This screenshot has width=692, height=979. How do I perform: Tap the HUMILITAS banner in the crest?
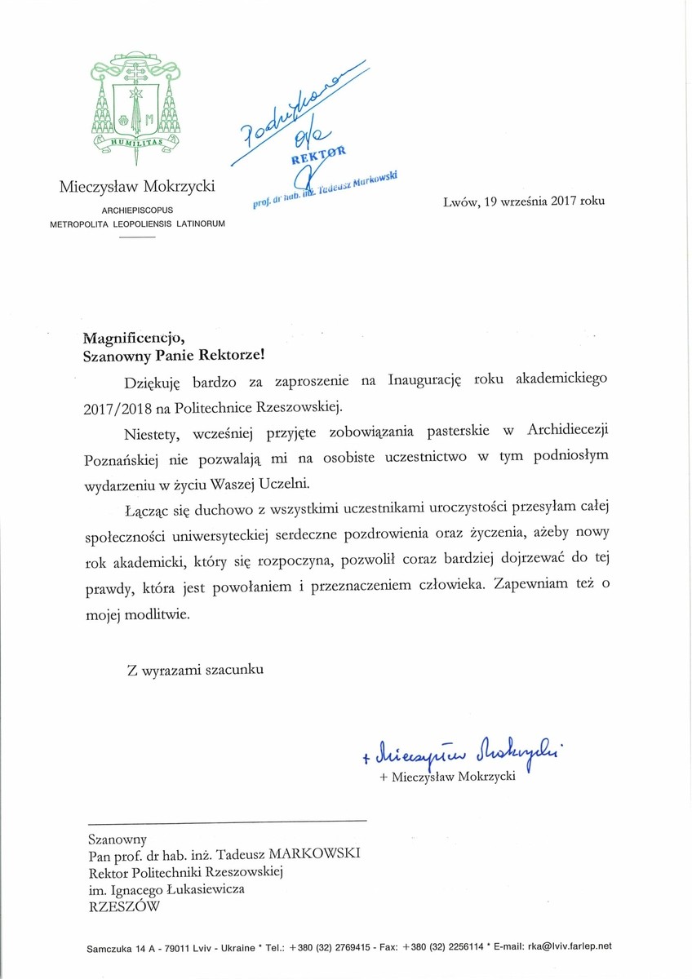pos(135,144)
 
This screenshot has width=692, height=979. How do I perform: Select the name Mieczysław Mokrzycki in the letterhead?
pos(137,187)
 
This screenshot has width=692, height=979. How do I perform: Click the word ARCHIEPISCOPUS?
pos(137,209)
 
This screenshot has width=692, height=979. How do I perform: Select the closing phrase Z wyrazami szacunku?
pos(195,670)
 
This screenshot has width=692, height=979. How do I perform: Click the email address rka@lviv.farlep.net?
pos(565,947)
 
